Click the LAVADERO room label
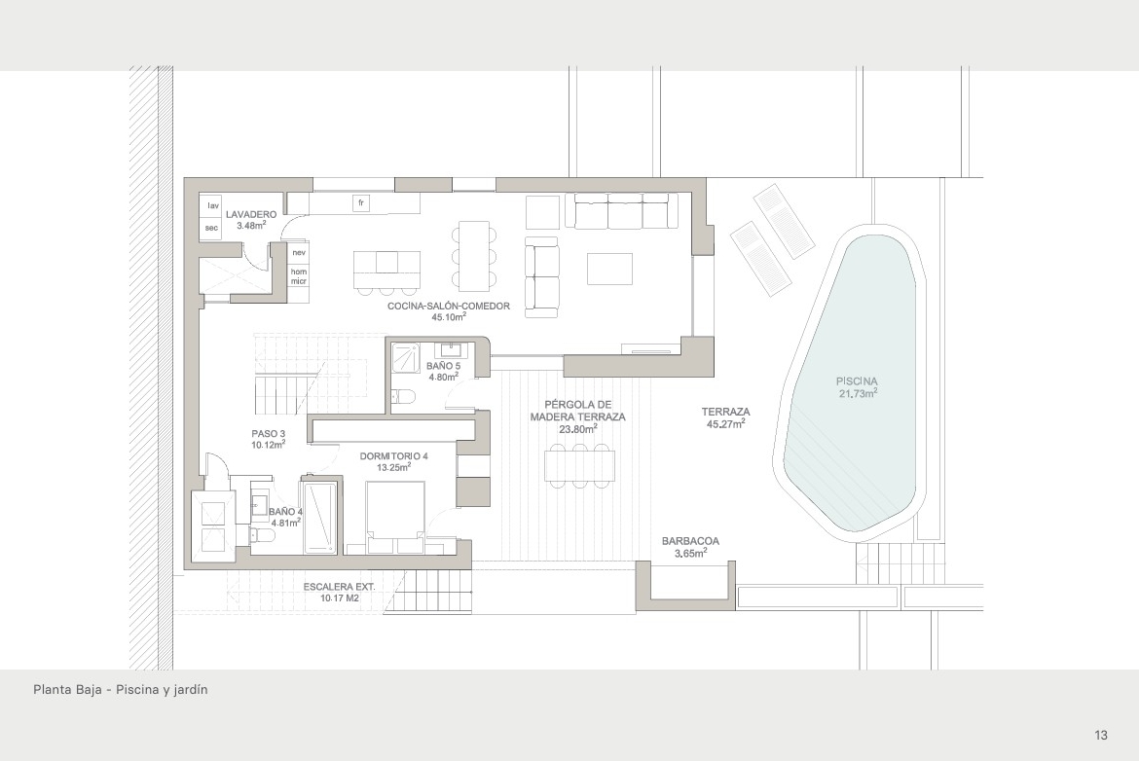click(x=250, y=215)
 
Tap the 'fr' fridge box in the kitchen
click(x=361, y=203)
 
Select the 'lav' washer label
click(x=213, y=206)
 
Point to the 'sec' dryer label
click(x=211, y=228)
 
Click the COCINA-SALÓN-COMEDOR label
click(x=448, y=307)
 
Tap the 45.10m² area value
click(x=448, y=317)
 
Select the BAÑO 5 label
click(x=443, y=366)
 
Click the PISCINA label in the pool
click(x=857, y=381)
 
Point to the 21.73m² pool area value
click(x=858, y=393)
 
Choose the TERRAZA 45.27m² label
click(x=725, y=417)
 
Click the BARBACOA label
click(x=690, y=542)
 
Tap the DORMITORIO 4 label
click(x=393, y=456)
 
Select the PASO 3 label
click(x=268, y=434)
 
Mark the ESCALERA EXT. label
click(x=339, y=587)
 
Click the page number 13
click(x=1100, y=735)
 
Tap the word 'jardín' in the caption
click(x=190, y=690)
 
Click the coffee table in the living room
click(x=609, y=269)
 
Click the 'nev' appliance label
click(x=299, y=253)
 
